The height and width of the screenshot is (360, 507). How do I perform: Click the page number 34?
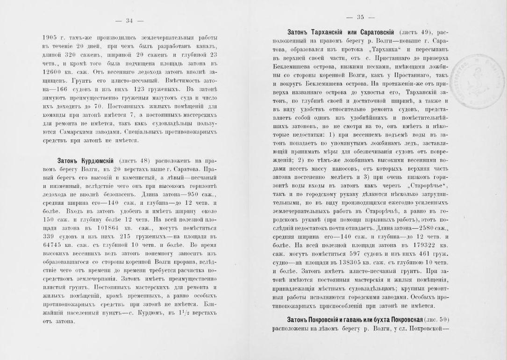tap(129, 20)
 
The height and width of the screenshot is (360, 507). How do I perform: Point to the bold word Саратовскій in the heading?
tap(377, 32)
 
